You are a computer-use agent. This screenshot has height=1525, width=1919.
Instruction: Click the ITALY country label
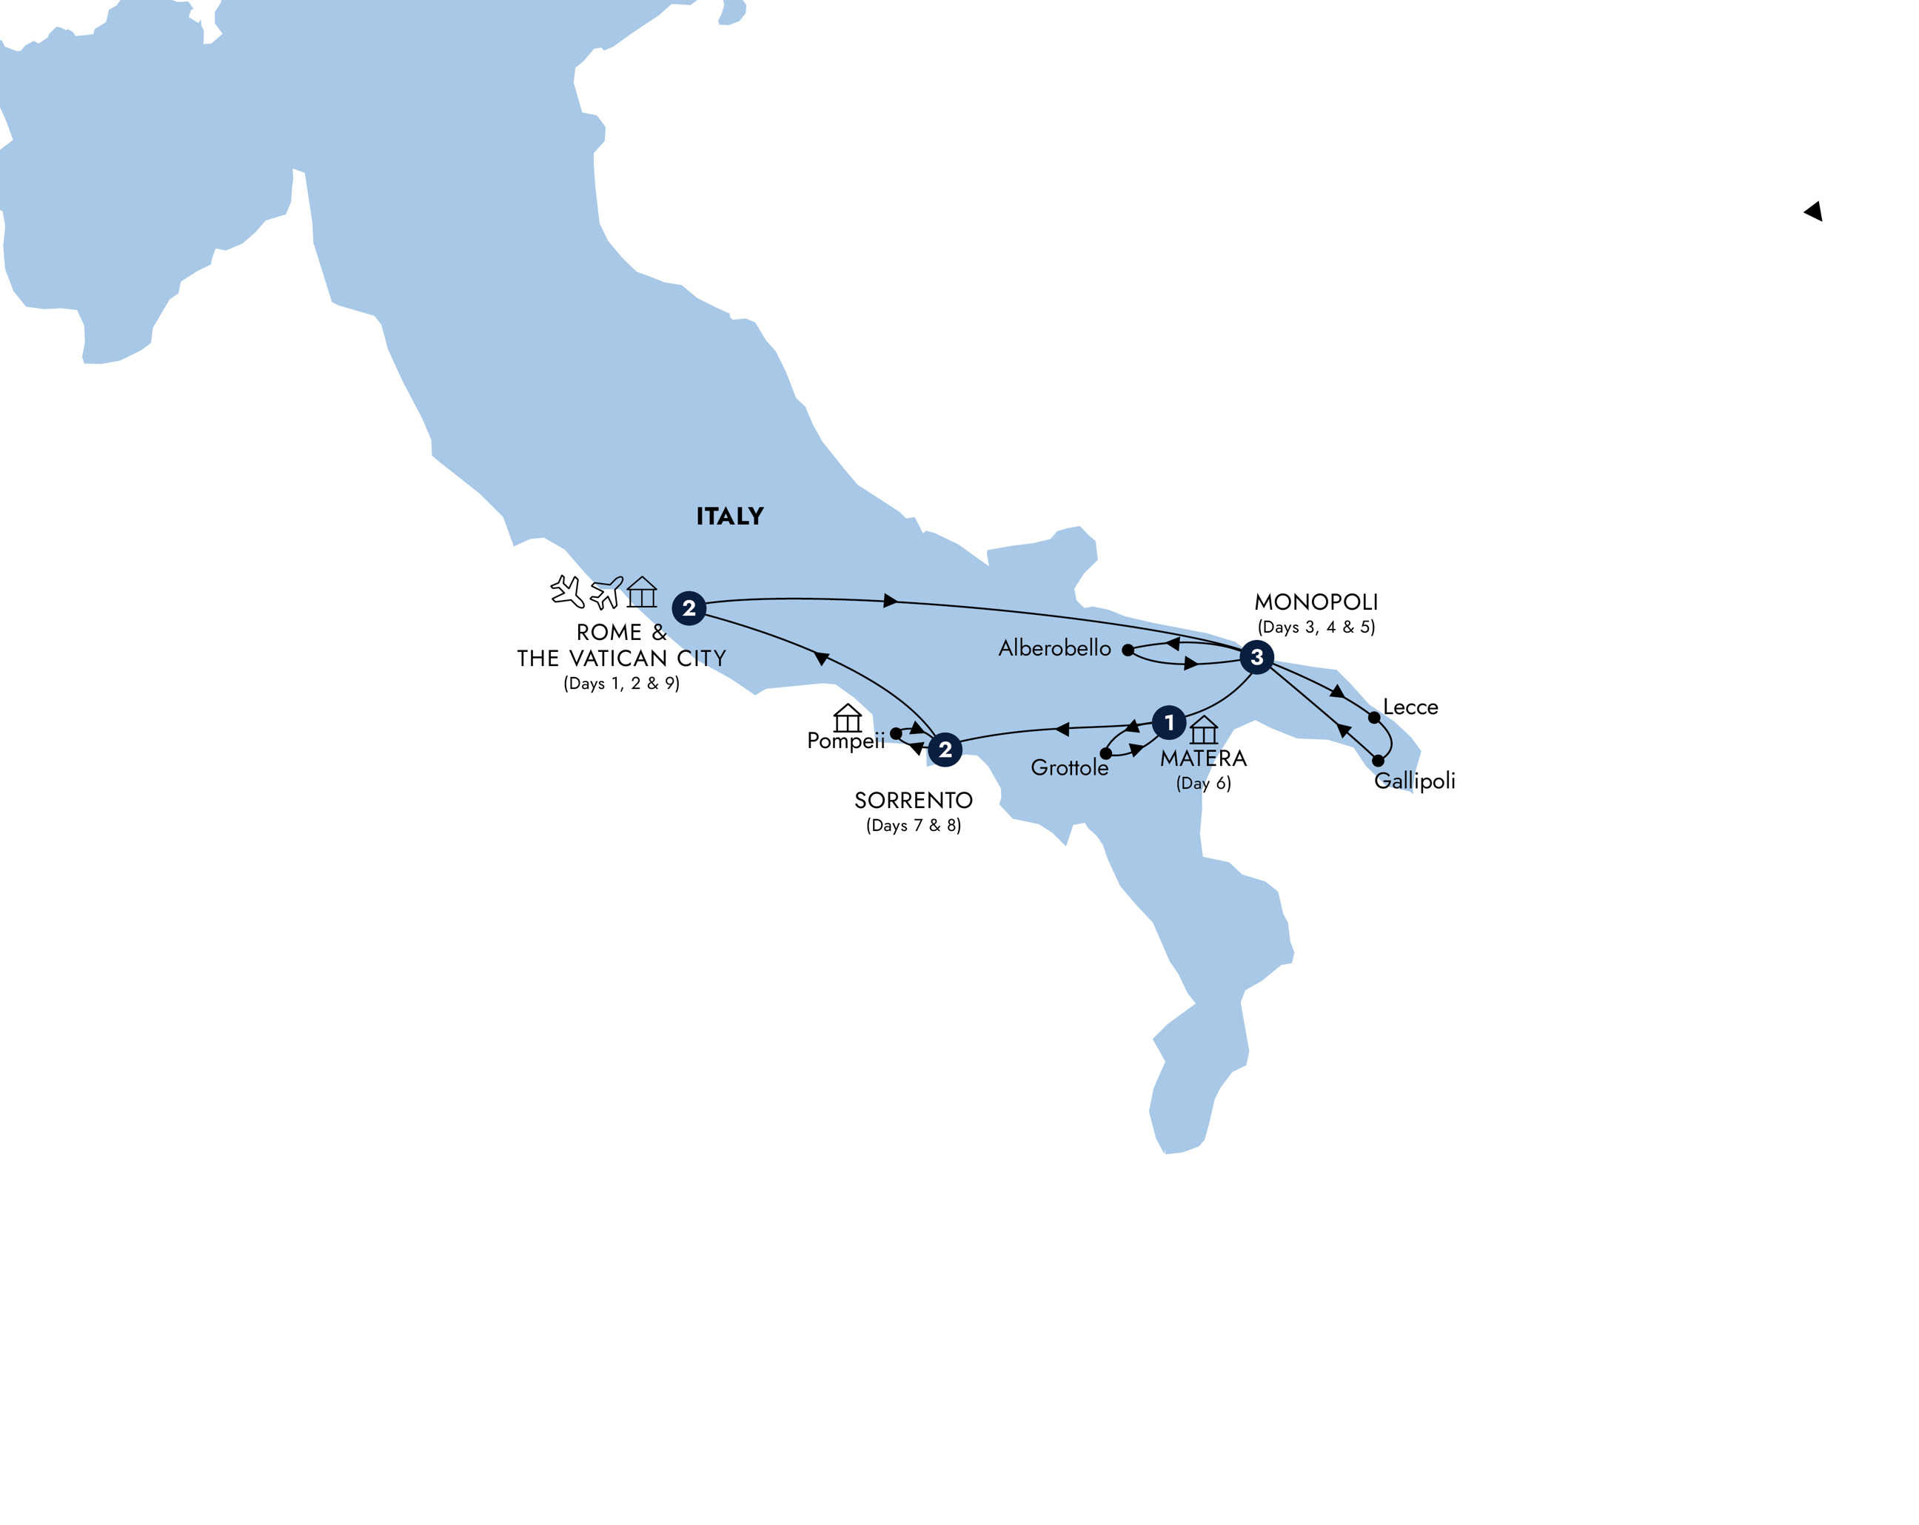(729, 516)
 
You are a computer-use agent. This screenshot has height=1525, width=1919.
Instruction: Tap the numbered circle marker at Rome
(688, 608)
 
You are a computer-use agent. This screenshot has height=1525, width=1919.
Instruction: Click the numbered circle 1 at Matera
(1169, 722)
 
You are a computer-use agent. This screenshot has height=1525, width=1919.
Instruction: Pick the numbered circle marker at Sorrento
(945, 750)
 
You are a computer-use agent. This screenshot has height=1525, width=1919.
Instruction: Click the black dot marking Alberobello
(1128, 650)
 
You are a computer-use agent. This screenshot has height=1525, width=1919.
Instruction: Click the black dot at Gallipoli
(1378, 761)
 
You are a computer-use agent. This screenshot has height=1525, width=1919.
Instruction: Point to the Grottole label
(1069, 768)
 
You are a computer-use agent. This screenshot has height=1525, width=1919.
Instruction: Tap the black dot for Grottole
(1105, 753)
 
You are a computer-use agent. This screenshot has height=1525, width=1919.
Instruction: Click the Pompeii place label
(845, 740)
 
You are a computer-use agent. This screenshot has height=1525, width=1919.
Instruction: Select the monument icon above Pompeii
(848, 717)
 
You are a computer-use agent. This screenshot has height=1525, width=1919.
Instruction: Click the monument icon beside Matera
(1203, 730)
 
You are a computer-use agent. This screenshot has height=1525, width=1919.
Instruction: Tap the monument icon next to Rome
(642, 592)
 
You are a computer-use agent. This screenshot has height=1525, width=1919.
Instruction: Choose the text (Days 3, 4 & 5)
(1316, 627)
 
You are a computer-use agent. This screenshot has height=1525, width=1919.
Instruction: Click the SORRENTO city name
(913, 801)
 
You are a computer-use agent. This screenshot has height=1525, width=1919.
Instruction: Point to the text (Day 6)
(1203, 784)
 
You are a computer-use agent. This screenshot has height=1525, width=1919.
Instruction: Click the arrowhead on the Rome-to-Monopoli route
(890, 601)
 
